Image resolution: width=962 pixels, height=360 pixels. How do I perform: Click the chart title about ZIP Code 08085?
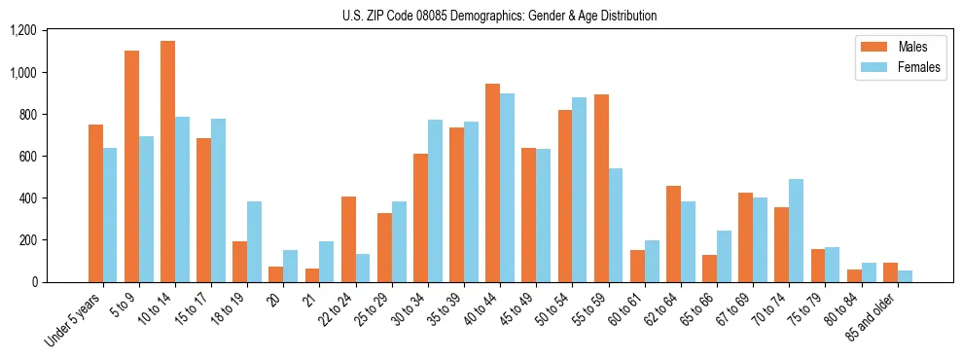tap(499, 16)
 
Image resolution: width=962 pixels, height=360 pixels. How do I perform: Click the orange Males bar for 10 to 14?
tap(167, 162)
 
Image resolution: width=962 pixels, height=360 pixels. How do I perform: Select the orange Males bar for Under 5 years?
tap(95, 203)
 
